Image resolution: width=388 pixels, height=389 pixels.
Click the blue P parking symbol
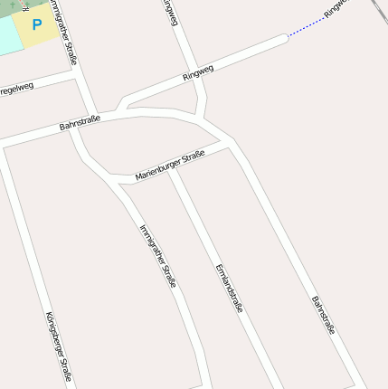(x=37, y=24)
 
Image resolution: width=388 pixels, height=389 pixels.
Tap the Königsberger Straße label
(x=59, y=346)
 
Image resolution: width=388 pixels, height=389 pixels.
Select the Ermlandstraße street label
(x=229, y=288)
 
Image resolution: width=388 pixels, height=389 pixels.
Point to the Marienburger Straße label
(x=170, y=166)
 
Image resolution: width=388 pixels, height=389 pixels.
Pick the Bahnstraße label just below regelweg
(x=80, y=122)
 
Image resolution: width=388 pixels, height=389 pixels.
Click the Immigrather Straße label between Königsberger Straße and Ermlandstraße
(x=157, y=256)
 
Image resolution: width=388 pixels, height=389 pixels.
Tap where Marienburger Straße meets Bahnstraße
(x=229, y=142)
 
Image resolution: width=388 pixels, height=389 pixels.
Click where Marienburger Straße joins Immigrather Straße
(x=110, y=175)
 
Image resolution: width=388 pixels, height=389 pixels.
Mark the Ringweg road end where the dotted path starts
(x=286, y=37)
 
